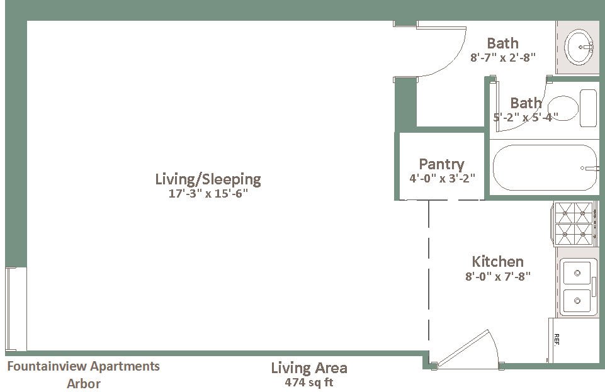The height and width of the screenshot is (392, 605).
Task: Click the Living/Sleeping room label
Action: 208,179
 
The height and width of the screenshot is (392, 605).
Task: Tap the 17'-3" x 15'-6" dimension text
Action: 208,193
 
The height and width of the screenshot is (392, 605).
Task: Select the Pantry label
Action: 442,165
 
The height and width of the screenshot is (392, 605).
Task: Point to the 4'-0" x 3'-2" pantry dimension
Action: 442,178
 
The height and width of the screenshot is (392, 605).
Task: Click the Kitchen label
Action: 498,262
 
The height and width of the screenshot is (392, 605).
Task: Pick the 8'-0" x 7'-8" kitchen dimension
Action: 498,276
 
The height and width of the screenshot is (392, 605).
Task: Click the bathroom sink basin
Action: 579,47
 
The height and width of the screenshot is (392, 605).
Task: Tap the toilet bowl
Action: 563,108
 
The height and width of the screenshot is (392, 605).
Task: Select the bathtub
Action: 545,167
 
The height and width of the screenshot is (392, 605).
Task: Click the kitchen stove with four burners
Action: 574,224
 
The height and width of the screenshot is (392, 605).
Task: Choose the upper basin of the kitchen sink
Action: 577,273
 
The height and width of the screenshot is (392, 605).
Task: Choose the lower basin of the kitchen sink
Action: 577,301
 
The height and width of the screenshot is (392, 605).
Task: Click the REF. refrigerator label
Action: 557,340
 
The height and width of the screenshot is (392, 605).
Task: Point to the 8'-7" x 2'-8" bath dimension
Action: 503,57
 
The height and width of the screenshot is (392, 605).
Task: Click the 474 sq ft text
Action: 309,383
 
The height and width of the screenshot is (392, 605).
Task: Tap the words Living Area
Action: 309,368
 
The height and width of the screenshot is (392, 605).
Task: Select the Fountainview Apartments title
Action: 83,366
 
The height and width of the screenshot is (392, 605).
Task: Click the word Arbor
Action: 84,384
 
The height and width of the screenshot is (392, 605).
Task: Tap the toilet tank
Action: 589,108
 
